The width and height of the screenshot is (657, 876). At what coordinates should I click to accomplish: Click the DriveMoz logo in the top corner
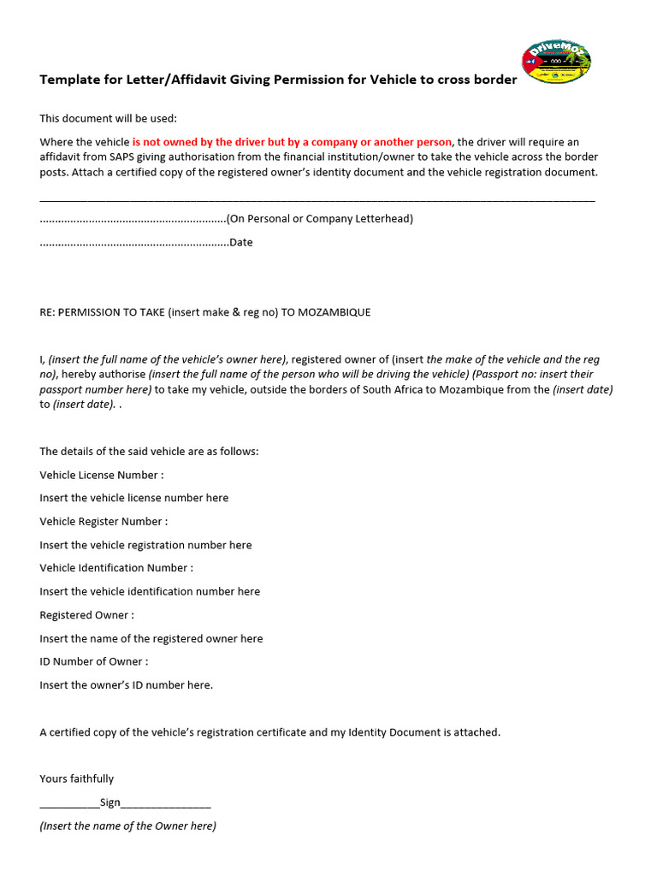pos(556,62)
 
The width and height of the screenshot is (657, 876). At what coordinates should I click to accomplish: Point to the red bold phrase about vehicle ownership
pos(291,141)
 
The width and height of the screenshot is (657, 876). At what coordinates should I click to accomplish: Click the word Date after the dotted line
pos(240,242)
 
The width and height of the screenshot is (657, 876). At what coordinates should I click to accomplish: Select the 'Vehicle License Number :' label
pos(101,475)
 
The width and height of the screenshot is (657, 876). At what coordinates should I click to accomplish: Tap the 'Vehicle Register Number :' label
pos(104,521)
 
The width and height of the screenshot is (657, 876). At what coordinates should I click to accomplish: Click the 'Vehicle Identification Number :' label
pos(116,567)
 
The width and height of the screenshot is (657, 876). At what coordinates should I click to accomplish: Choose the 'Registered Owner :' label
pos(86,615)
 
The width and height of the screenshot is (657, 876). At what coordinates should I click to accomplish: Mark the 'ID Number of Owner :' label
pos(93,661)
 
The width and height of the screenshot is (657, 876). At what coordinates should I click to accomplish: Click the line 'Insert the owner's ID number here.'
pos(126,684)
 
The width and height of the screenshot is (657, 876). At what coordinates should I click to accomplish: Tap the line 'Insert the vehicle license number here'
pos(133,498)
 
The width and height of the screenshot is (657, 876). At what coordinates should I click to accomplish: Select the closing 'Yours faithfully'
pos(76,778)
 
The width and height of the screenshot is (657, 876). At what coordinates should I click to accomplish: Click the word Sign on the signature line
pos(110,802)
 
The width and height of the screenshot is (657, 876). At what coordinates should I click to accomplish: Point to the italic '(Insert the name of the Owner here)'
pos(127,826)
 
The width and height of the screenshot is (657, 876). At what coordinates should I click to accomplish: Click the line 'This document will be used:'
pos(108,118)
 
